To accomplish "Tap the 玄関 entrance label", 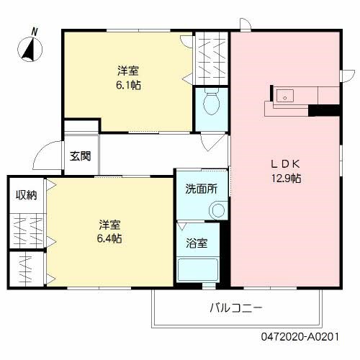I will (80, 156).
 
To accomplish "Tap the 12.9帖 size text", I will (285, 178).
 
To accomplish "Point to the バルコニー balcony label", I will (236, 307).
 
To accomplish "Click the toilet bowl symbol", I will (212, 104).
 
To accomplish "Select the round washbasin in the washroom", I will (217, 210).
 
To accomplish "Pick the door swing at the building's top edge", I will (246, 26).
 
